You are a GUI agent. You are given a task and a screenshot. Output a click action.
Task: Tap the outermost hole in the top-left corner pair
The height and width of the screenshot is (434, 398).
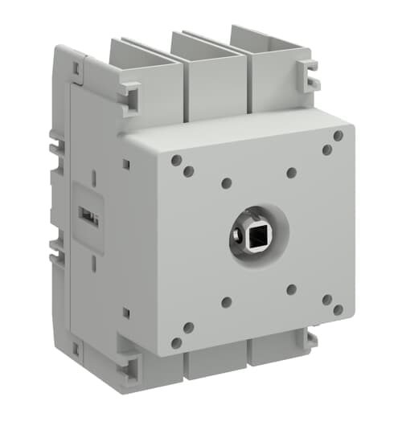point(176,160)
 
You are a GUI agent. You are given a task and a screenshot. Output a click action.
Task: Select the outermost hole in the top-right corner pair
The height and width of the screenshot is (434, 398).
point(339,136)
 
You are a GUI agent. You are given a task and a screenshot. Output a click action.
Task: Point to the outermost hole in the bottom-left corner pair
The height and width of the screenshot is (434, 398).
point(176,342)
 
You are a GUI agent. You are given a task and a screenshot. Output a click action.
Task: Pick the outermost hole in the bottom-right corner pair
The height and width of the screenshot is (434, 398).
point(339,309)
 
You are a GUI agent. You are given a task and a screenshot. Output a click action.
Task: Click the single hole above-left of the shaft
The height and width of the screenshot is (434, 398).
point(226,183)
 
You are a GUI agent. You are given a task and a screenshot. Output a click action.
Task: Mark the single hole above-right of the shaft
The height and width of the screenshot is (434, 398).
point(291,172)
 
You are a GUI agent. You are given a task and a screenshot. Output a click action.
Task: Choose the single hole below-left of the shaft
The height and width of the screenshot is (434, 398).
point(226,302)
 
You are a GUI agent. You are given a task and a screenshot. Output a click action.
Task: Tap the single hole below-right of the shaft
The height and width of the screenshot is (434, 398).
point(291,289)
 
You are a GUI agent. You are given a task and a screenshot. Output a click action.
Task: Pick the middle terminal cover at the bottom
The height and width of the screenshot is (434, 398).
point(211,364)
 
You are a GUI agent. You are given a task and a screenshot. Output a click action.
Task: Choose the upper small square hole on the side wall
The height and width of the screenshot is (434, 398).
point(125,164)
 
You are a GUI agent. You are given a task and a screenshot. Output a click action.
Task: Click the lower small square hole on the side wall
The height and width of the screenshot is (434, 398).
point(125,312)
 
